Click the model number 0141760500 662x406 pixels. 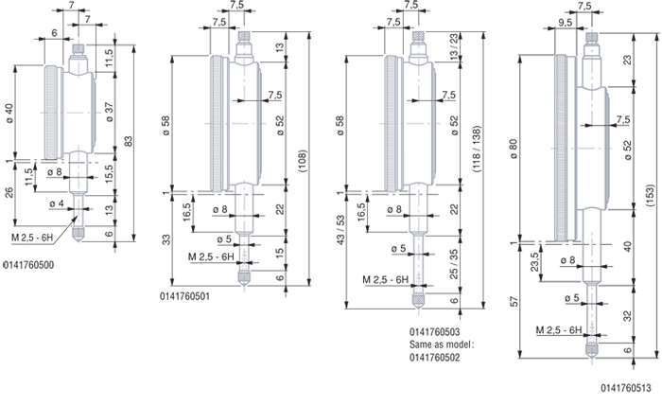(x=28, y=265)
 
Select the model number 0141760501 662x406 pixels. (x=184, y=296)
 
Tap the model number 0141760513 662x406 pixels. (x=626, y=388)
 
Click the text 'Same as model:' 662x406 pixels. (x=442, y=344)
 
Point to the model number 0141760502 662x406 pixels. (x=434, y=358)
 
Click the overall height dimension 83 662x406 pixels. (x=129, y=141)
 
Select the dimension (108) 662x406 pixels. (x=303, y=161)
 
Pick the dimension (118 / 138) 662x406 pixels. (x=477, y=149)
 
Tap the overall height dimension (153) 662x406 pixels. (x=651, y=195)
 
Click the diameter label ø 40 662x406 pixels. (x=9, y=114)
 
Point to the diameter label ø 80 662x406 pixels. (x=514, y=149)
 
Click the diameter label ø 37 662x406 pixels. (x=110, y=113)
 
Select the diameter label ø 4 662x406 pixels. (x=56, y=204)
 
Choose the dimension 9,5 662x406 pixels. (x=565, y=22)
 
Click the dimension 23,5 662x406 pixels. (x=534, y=262)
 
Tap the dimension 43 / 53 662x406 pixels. (x=340, y=229)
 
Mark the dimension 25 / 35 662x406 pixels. (x=453, y=264)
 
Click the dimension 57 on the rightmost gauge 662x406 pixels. (x=514, y=301)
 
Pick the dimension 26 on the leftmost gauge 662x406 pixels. (x=9, y=192)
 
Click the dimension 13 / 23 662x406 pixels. (x=453, y=46)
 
